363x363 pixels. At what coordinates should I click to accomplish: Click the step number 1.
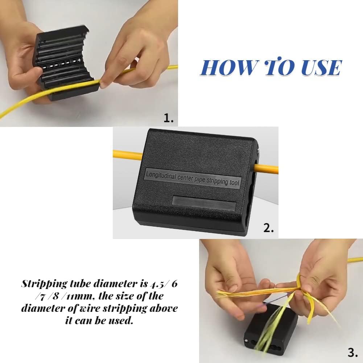coord(169,118)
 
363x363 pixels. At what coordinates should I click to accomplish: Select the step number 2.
coord(268,229)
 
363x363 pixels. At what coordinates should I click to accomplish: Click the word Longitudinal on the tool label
coord(162,176)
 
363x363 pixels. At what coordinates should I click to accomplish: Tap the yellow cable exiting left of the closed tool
coord(127,155)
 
